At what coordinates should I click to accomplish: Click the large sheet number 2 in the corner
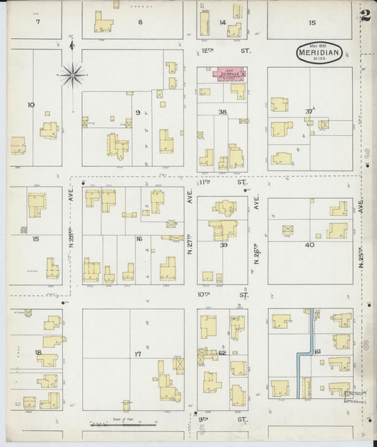(365, 16)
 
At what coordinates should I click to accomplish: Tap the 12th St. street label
(223, 51)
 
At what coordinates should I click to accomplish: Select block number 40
(308, 245)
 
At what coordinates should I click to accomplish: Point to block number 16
(139, 239)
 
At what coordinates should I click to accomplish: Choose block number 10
(30, 105)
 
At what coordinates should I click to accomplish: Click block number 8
(140, 22)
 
